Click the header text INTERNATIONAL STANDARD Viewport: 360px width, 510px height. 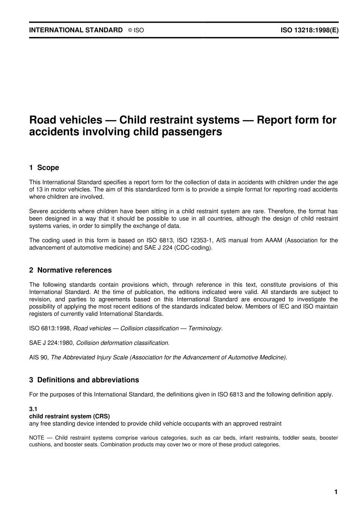point(76,30)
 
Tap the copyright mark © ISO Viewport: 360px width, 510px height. point(136,30)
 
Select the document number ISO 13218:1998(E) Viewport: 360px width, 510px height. point(309,30)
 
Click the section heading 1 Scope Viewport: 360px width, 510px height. point(44,168)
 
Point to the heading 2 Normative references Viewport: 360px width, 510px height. point(70,270)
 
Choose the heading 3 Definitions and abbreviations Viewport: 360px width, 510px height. point(84,380)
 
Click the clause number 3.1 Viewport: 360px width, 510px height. point(33,410)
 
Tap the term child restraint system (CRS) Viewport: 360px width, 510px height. point(69,416)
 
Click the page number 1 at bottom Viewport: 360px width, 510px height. point(335,492)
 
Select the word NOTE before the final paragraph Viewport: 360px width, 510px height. point(36,438)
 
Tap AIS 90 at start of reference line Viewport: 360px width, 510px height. point(38,357)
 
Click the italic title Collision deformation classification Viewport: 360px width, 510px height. point(123,343)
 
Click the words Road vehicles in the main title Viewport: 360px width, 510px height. point(66,120)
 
